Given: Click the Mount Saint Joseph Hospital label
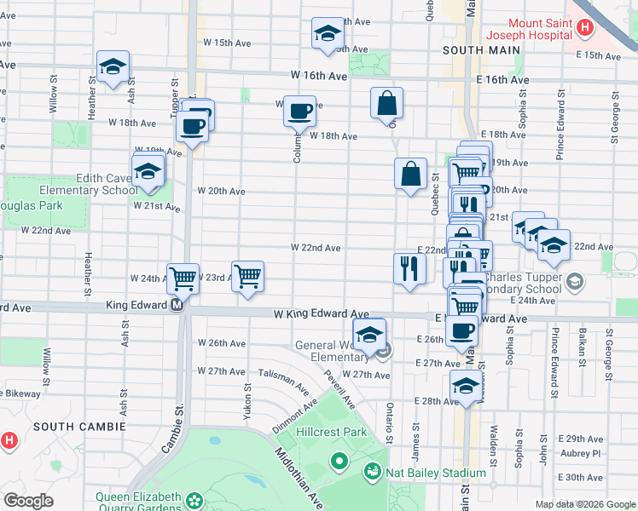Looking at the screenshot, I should click(539, 30).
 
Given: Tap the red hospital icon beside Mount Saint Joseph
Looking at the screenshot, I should click(584, 27).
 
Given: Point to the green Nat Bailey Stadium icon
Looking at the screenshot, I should click(372, 470).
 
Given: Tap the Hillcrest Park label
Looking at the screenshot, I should click(332, 432).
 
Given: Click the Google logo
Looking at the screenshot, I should click(28, 500).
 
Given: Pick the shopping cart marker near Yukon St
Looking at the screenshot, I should click(247, 275).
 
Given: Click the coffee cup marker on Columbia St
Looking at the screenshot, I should click(299, 111).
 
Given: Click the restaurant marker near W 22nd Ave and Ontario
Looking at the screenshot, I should click(409, 268).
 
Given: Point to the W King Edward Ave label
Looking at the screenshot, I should click(322, 314).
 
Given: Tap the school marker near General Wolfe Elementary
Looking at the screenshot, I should click(370, 334).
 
